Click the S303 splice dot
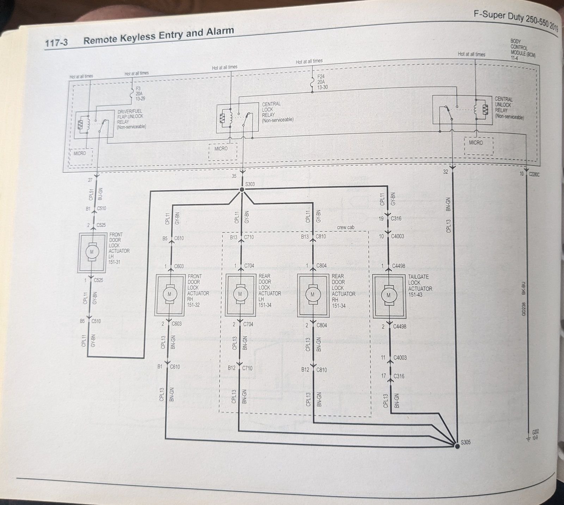coord(242,190)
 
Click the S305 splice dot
coord(457,446)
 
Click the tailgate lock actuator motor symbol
coord(388,295)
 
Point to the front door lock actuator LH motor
coord(92,252)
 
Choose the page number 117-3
coord(56,43)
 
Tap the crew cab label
coord(345,227)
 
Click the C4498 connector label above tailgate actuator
coord(398,266)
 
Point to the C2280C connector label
coord(534,174)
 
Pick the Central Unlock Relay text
coord(508,108)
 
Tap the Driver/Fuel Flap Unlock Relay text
coord(130,119)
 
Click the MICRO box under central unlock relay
coord(476,143)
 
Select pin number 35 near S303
coord(234,176)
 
